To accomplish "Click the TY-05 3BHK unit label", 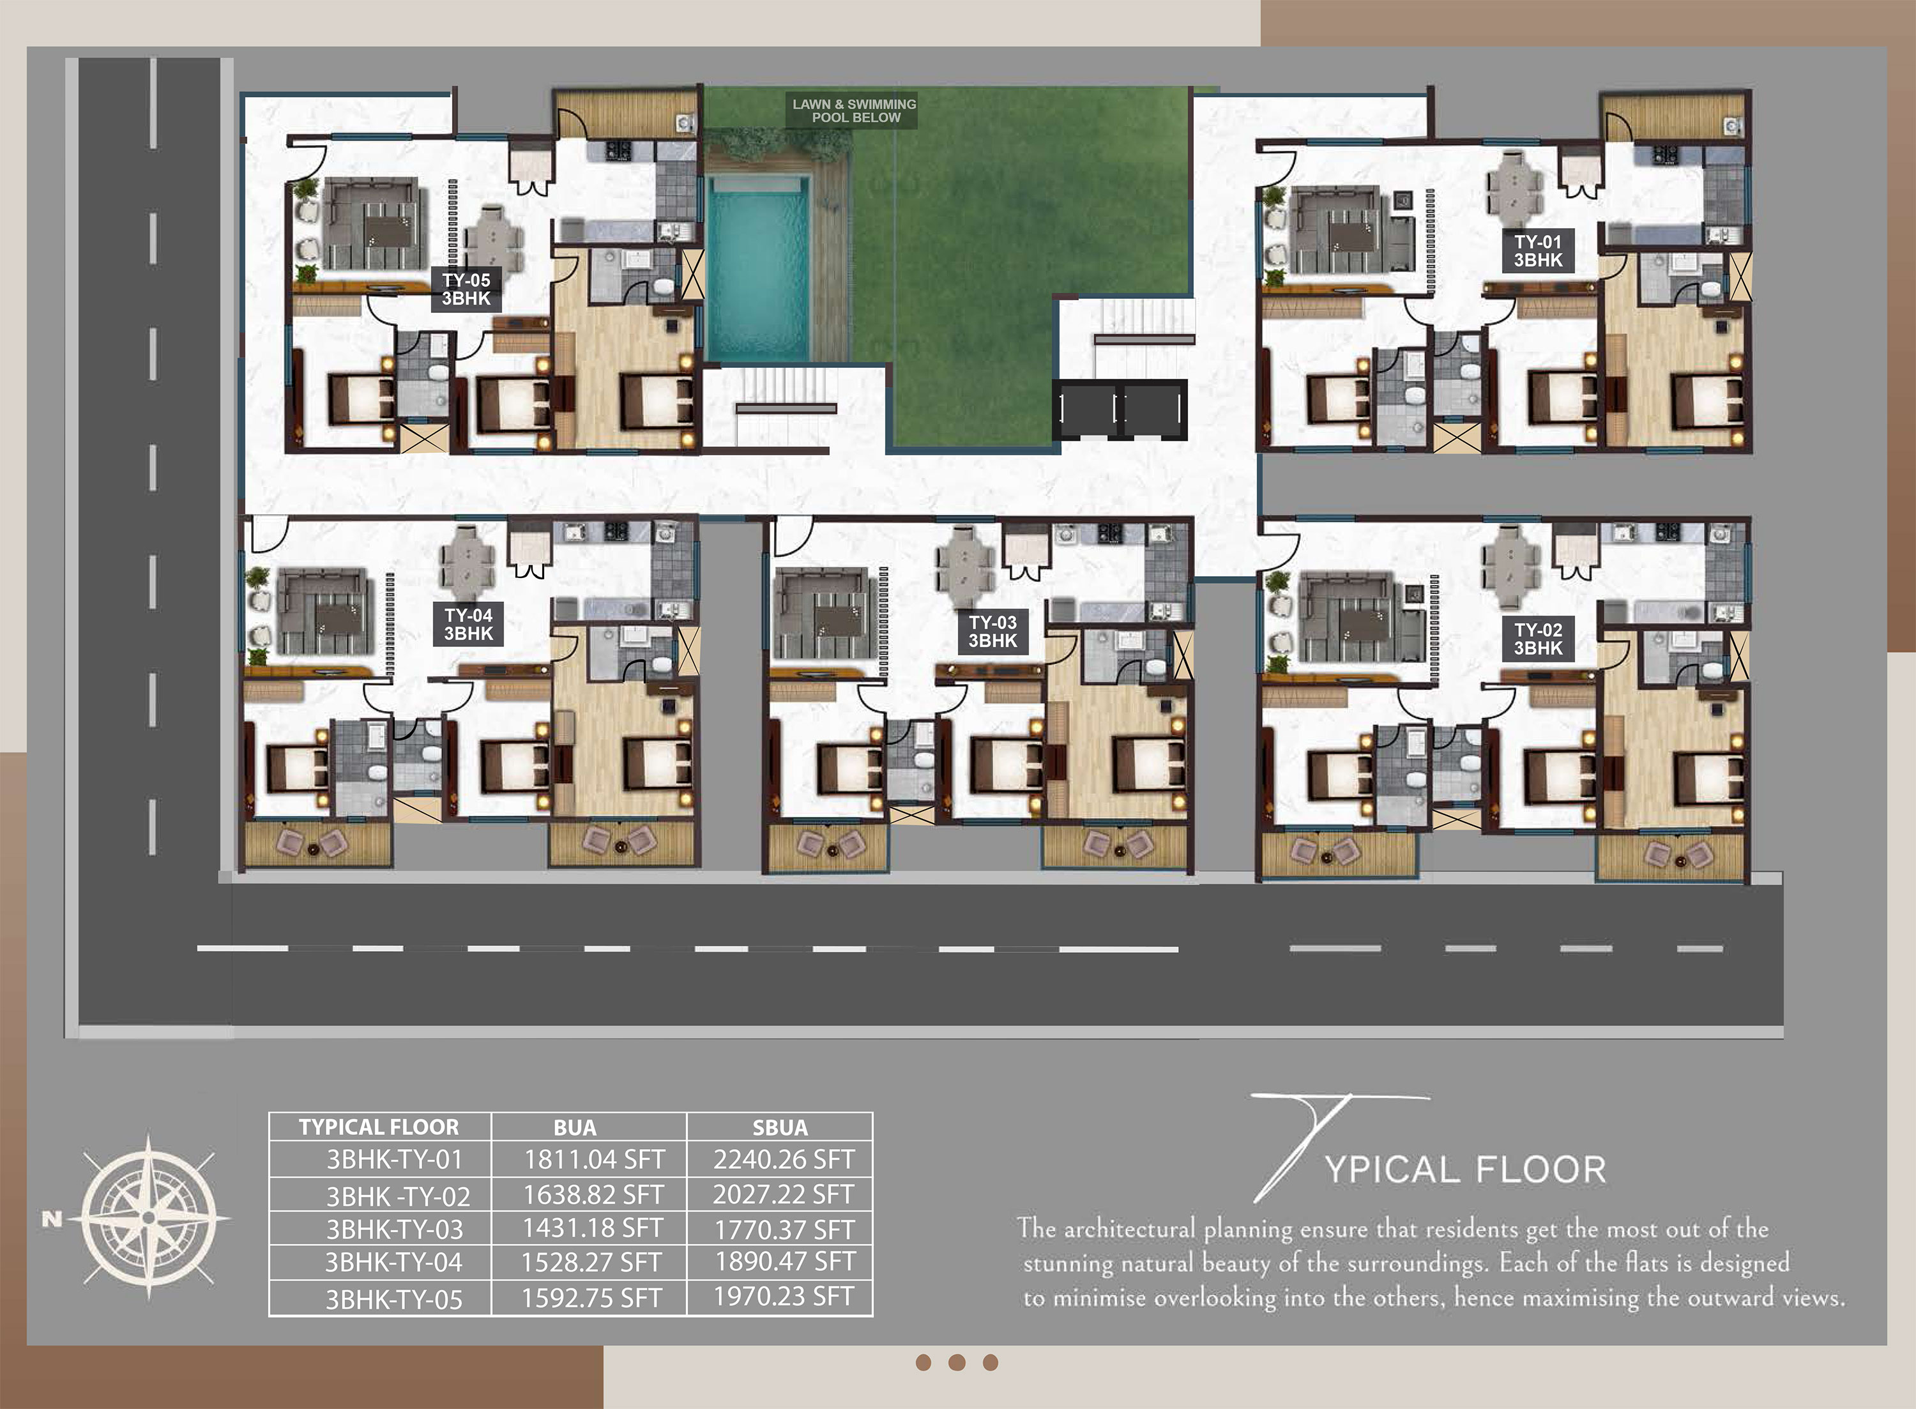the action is pyautogui.click(x=466, y=289).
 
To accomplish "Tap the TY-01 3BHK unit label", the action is pyautogui.click(x=1539, y=251).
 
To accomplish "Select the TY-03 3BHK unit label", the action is pyautogui.click(x=992, y=632).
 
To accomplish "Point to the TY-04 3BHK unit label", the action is pyautogui.click(x=468, y=624).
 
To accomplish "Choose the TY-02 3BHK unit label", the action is pyautogui.click(x=1539, y=639).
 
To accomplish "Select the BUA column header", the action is pyautogui.click(x=575, y=1127).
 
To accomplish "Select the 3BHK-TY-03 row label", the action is pyautogui.click(x=395, y=1229).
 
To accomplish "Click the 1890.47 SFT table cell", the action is pyautogui.click(x=784, y=1261).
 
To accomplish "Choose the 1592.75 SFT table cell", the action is pyautogui.click(x=592, y=1297).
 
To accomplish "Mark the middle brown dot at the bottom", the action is pyautogui.click(x=957, y=1362).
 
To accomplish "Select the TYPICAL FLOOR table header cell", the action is pyautogui.click(x=379, y=1127).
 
